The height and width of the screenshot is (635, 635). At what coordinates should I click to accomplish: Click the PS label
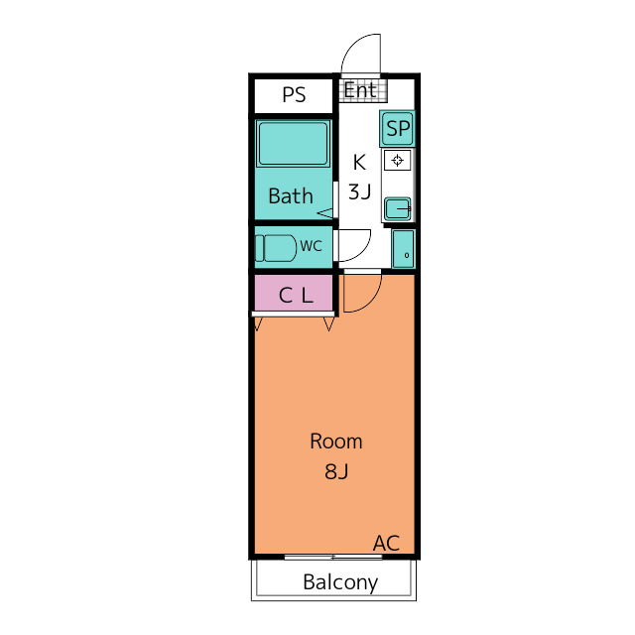[294, 95]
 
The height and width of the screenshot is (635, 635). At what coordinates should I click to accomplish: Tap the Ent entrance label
[360, 90]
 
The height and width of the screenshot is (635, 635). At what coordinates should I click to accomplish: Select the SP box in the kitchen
[398, 128]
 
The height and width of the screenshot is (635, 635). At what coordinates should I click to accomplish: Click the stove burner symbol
[397, 161]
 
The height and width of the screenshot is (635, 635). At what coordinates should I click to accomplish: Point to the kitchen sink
[398, 209]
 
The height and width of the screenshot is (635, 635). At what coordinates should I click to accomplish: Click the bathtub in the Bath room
[294, 144]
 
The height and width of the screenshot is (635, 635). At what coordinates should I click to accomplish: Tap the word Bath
[291, 196]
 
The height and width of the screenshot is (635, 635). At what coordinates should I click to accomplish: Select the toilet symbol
[276, 248]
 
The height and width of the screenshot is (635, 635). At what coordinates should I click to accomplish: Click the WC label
[311, 246]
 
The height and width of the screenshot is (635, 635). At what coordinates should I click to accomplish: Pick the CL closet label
[296, 296]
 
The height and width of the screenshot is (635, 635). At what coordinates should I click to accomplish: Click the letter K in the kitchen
[359, 162]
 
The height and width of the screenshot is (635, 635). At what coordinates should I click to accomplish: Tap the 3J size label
[359, 191]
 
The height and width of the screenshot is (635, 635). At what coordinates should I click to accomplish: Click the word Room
[336, 442]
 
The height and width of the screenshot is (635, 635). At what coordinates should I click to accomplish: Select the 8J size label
[336, 471]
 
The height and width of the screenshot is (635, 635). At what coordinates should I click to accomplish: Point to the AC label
[386, 543]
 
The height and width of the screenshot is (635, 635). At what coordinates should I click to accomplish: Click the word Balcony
[340, 582]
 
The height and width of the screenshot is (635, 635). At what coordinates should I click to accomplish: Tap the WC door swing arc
[363, 252]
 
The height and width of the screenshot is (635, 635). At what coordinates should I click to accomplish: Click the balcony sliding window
[333, 558]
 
